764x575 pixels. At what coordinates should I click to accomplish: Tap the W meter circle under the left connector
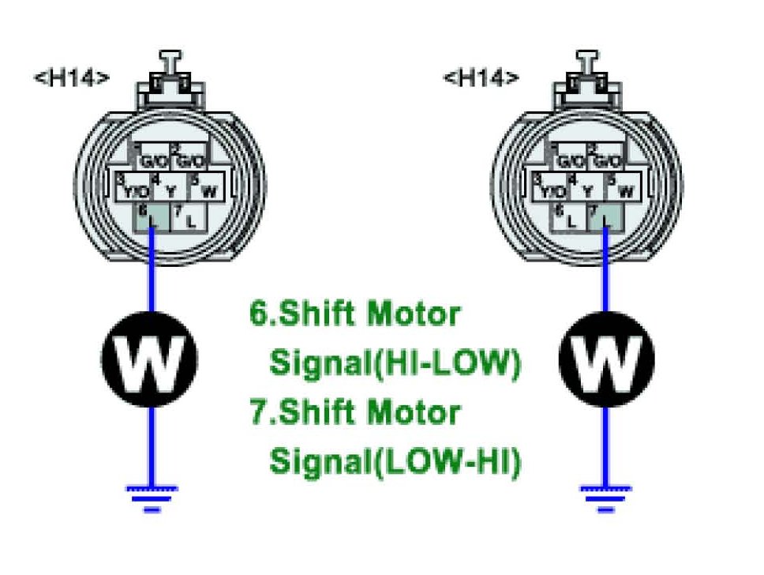coord(150,359)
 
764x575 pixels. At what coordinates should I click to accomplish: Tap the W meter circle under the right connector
coord(605,359)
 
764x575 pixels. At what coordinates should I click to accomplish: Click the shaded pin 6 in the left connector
coord(152,217)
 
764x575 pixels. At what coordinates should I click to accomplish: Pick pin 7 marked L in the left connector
coord(188,218)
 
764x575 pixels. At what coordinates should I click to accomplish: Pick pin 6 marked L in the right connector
coord(570,218)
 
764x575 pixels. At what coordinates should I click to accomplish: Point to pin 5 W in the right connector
coord(623,187)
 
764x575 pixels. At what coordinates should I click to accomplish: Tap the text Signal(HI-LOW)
coord(395,363)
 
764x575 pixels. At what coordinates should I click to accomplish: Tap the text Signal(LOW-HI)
coord(395,461)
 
